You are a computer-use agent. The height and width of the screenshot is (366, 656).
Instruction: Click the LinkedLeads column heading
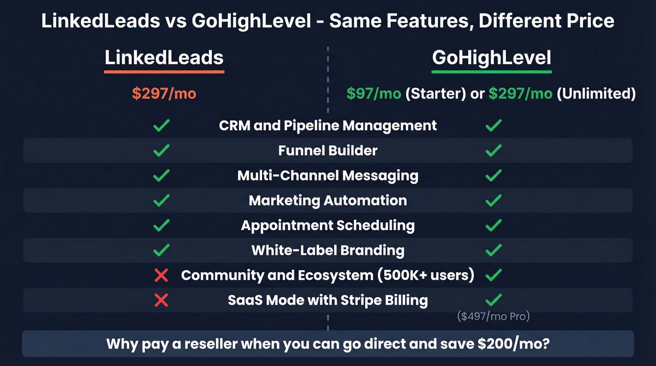tap(164, 58)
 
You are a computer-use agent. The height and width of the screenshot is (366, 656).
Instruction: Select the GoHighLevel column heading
tap(491, 58)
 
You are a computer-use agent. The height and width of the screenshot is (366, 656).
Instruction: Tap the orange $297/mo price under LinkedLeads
tap(164, 94)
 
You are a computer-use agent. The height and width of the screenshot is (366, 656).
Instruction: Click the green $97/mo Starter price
tap(373, 94)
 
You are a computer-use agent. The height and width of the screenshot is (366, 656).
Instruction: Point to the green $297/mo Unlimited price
tap(520, 94)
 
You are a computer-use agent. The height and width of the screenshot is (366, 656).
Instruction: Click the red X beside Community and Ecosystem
tap(161, 275)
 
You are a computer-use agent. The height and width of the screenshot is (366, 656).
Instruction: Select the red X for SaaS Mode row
tap(161, 300)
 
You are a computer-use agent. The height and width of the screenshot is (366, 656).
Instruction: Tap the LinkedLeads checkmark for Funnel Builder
tap(161, 150)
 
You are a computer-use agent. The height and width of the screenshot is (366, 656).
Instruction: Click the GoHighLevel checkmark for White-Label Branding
tap(493, 250)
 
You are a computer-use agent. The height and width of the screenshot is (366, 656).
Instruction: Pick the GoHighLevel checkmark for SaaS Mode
tap(493, 300)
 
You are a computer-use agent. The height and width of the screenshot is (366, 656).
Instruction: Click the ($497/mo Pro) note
tap(493, 316)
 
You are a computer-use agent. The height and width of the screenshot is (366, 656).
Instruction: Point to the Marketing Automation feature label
tap(328, 201)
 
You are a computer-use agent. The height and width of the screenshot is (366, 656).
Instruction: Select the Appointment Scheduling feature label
tap(328, 225)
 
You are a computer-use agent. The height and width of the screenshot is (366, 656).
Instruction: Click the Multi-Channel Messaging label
tap(328, 176)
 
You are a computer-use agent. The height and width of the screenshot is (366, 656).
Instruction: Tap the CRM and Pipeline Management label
tap(328, 126)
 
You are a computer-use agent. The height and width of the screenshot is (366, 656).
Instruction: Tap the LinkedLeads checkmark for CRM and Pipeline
tap(161, 126)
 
